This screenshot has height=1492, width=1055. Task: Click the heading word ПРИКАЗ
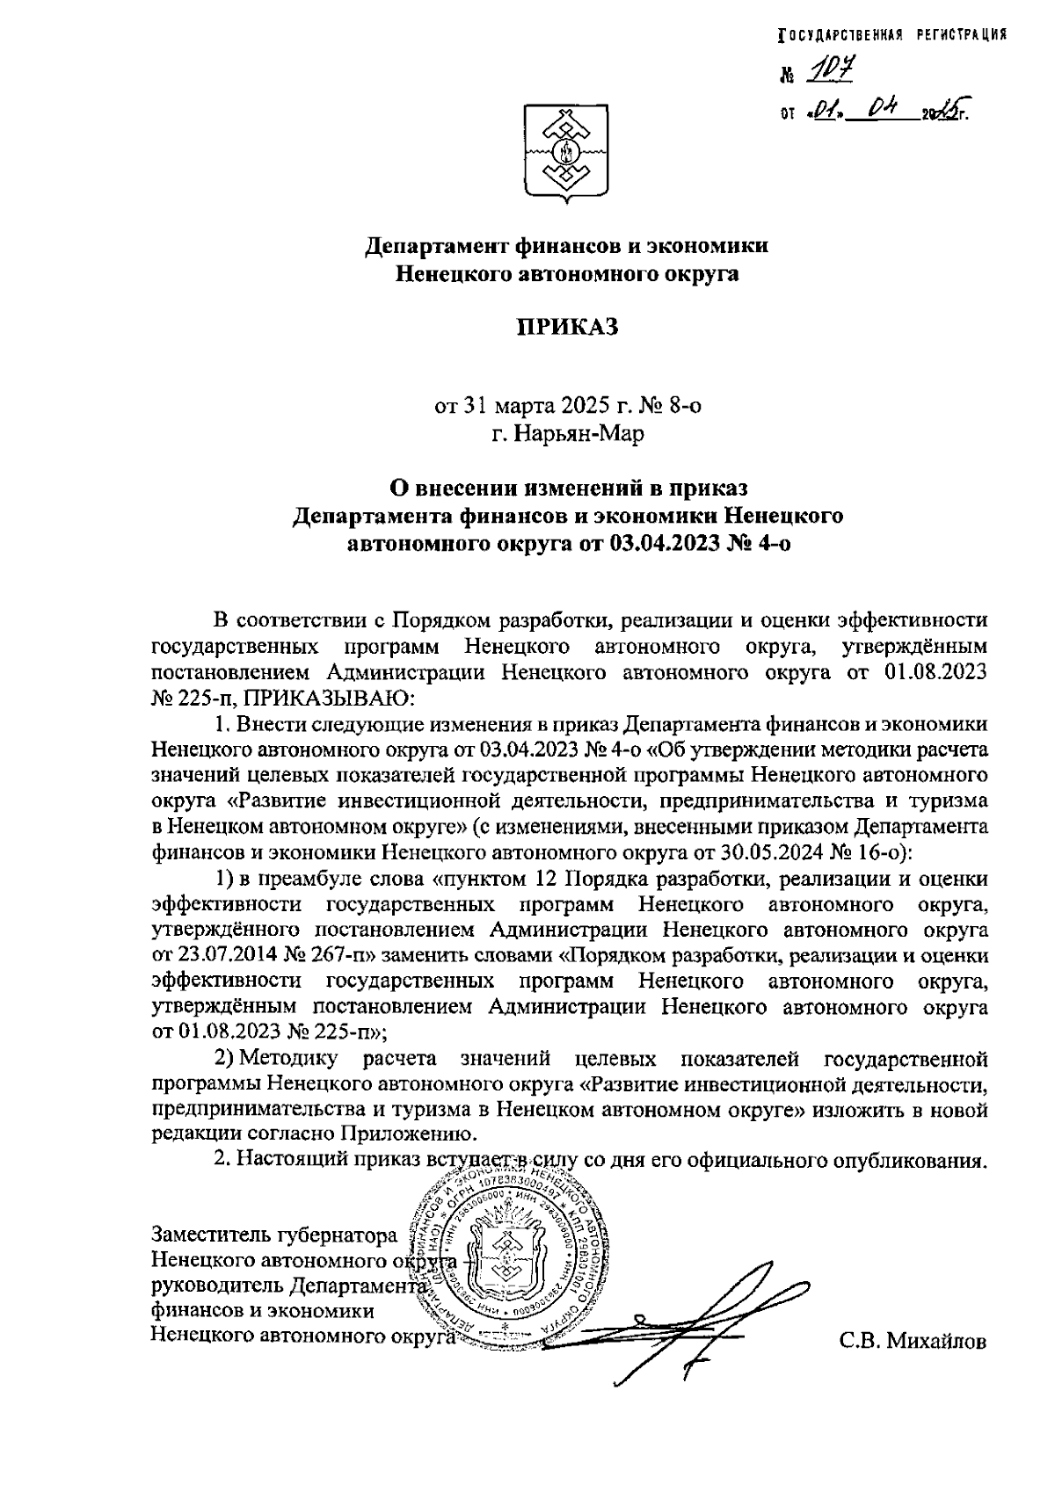point(567,327)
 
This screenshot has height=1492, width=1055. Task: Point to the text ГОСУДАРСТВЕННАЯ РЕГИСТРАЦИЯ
point(892,35)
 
